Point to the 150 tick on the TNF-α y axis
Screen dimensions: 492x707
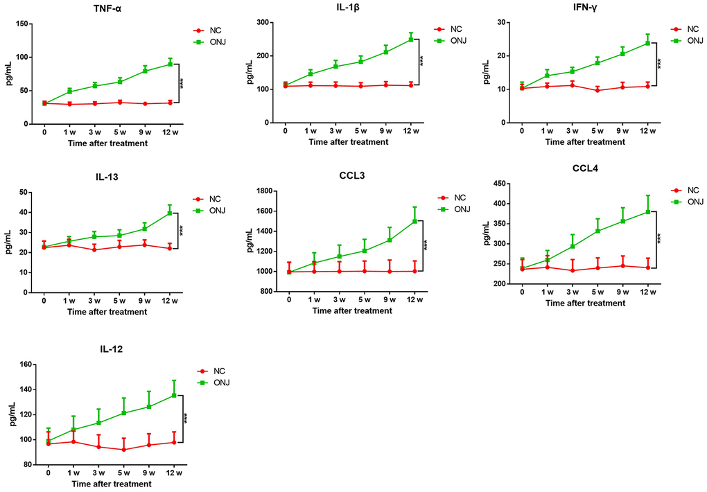[x=23, y=24]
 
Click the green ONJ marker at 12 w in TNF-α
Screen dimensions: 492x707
[x=171, y=64]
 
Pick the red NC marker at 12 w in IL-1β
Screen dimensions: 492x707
[x=411, y=85]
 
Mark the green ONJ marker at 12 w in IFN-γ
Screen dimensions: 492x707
[x=647, y=43]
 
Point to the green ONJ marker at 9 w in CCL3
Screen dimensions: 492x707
[x=390, y=240]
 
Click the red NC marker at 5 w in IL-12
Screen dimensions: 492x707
[x=124, y=450]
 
